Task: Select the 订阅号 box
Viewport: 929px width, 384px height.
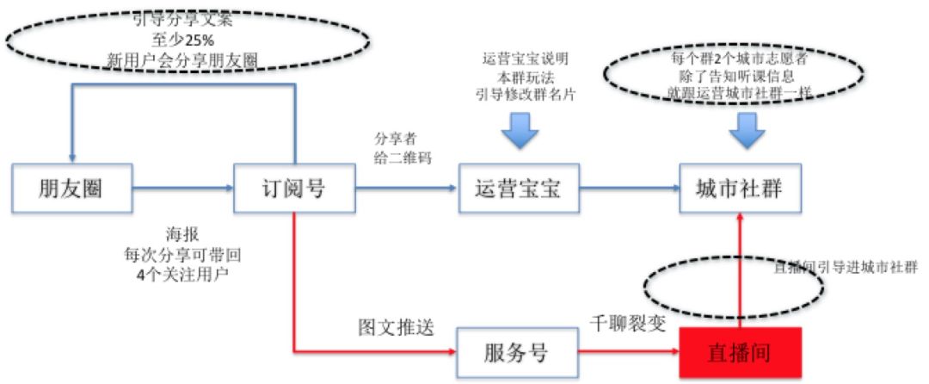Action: (x=293, y=188)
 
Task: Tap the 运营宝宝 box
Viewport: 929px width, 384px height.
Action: (x=518, y=188)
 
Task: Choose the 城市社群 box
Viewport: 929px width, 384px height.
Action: (x=741, y=188)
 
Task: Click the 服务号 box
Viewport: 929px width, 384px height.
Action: (x=516, y=352)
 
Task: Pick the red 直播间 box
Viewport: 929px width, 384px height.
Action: (x=741, y=352)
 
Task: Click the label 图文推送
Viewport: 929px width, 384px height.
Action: (x=393, y=328)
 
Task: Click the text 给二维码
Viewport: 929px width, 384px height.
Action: (x=402, y=158)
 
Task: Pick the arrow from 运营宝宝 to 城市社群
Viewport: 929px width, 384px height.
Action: (x=629, y=187)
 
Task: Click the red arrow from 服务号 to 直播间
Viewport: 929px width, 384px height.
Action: (x=629, y=352)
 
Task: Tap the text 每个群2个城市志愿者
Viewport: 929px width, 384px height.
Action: (x=739, y=59)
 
